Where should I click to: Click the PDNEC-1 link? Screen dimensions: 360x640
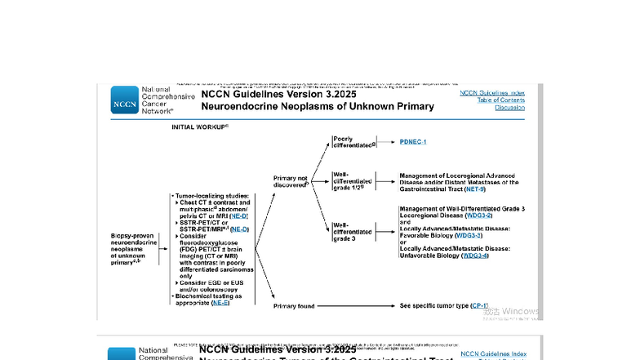(x=413, y=142)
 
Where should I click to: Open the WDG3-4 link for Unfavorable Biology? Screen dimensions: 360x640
(x=475, y=256)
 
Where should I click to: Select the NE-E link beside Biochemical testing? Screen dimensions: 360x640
(x=220, y=303)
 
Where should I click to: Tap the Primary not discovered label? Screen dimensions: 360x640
(x=291, y=180)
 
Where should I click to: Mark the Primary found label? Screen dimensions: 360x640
(x=293, y=306)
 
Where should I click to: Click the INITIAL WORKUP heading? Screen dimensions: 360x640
(x=199, y=127)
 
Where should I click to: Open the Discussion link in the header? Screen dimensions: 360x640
(x=509, y=107)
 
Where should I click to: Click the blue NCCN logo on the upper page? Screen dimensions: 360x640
(x=125, y=100)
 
